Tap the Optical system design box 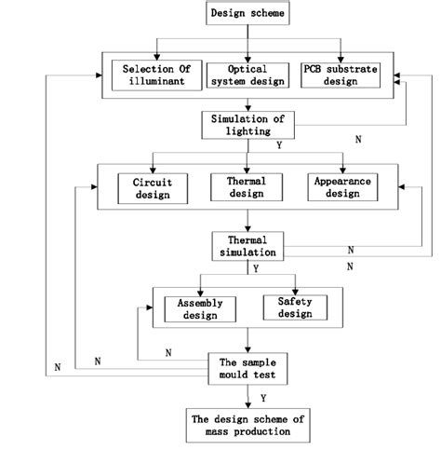[247, 74]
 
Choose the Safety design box [295, 307]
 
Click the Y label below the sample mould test [263, 396]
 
